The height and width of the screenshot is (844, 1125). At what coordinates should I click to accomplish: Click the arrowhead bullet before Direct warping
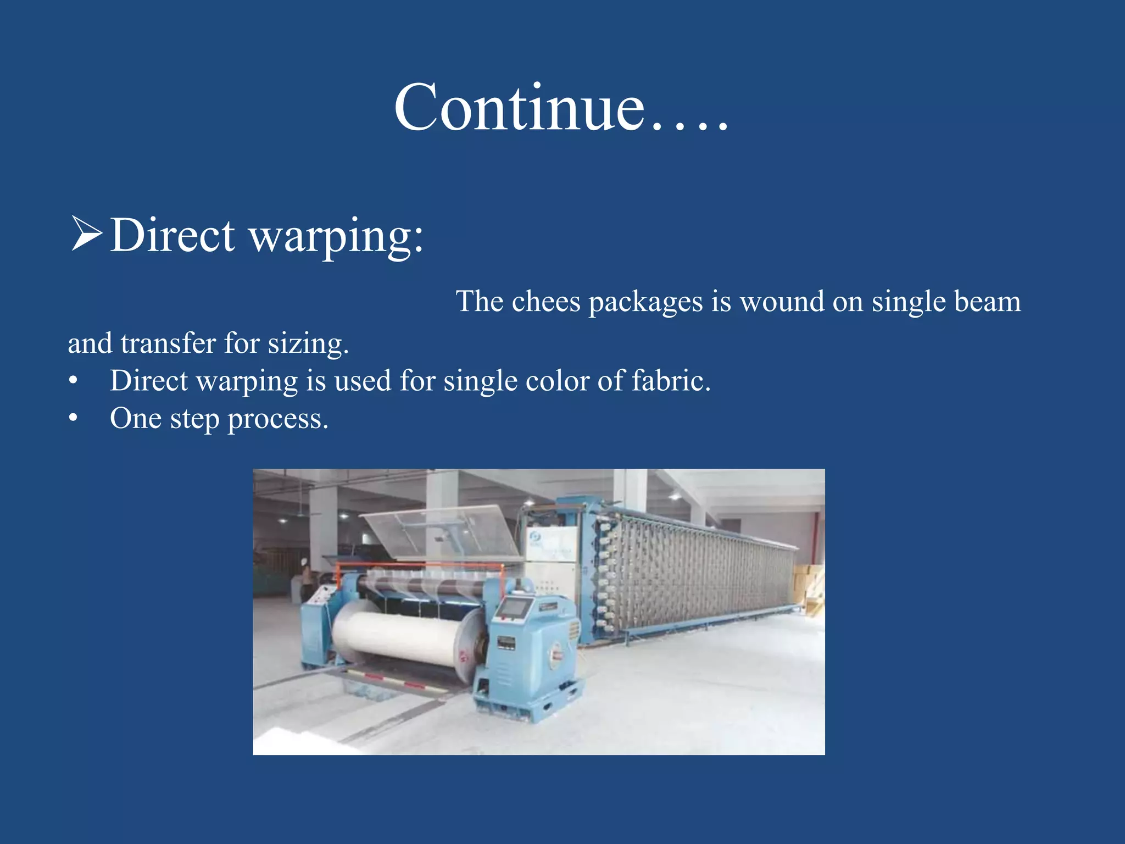[x=86, y=234]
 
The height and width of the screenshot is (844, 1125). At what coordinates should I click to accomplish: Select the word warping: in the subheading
[x=336, y=236]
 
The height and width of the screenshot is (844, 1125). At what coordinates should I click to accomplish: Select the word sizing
[x=308, y=345]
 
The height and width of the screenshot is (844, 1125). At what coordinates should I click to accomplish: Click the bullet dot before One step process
[x=73, y=419]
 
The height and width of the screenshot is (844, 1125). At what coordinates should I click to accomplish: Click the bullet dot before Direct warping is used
[x=73, y=381]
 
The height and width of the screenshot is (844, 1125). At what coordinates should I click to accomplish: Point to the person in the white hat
[x=304, y=577]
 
